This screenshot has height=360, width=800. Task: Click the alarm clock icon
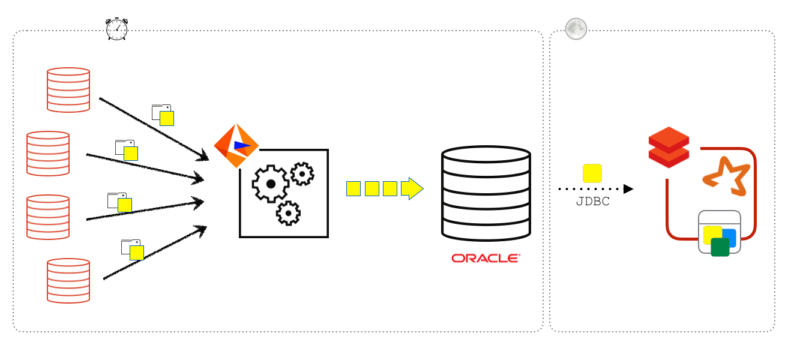(116, 29)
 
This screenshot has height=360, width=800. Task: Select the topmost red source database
(68, 89)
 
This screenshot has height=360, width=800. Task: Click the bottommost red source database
(68, 280)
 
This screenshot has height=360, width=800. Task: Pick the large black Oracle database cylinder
(486, 193)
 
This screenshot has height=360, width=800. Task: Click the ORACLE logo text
(486, 259)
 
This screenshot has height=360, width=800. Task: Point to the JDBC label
(592, 202)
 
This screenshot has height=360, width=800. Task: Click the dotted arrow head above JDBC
(628, 189)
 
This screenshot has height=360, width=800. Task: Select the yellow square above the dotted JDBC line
(592, 173)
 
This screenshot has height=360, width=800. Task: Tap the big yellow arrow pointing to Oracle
(412, 188)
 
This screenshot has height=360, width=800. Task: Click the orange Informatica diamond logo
(236, 146)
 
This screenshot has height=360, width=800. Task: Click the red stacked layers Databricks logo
(669, 147)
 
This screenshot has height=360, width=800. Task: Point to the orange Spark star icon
(727, 175)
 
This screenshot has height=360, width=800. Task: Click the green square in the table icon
(720, 247)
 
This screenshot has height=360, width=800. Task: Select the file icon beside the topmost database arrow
(163, 115)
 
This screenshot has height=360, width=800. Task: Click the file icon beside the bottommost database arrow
(133, 249)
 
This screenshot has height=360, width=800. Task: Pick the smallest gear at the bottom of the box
(288, 213)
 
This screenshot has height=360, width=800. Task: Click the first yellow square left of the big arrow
(353, 188)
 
